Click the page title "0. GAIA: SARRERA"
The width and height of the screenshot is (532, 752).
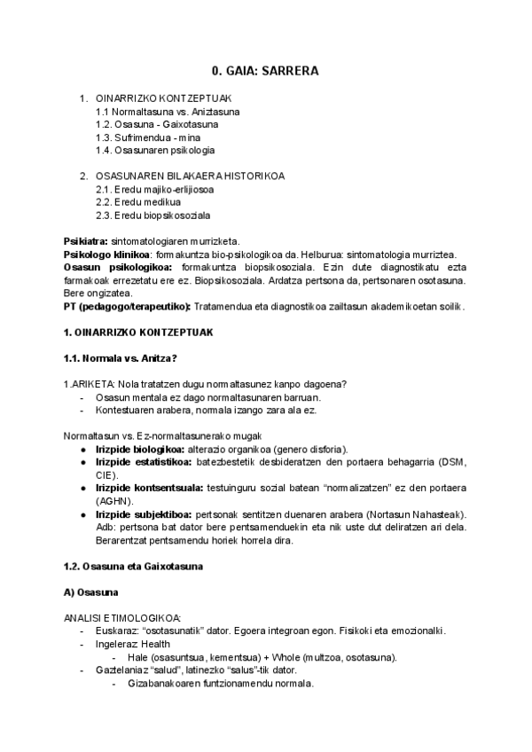pos(265,71)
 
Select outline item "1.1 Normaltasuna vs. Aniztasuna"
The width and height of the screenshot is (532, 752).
pos(168,112)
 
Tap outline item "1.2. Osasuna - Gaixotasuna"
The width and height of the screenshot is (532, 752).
pos(157,124)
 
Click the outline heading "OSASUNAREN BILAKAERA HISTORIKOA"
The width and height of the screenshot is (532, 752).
pos(190,176)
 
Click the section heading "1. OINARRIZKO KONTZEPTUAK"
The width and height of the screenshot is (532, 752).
pos(137,332)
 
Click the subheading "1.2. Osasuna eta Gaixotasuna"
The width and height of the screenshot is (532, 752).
pos(135,566)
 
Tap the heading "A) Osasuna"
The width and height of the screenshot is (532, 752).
pos(91,591)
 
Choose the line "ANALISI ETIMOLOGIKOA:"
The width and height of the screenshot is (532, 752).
pos(122,617)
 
